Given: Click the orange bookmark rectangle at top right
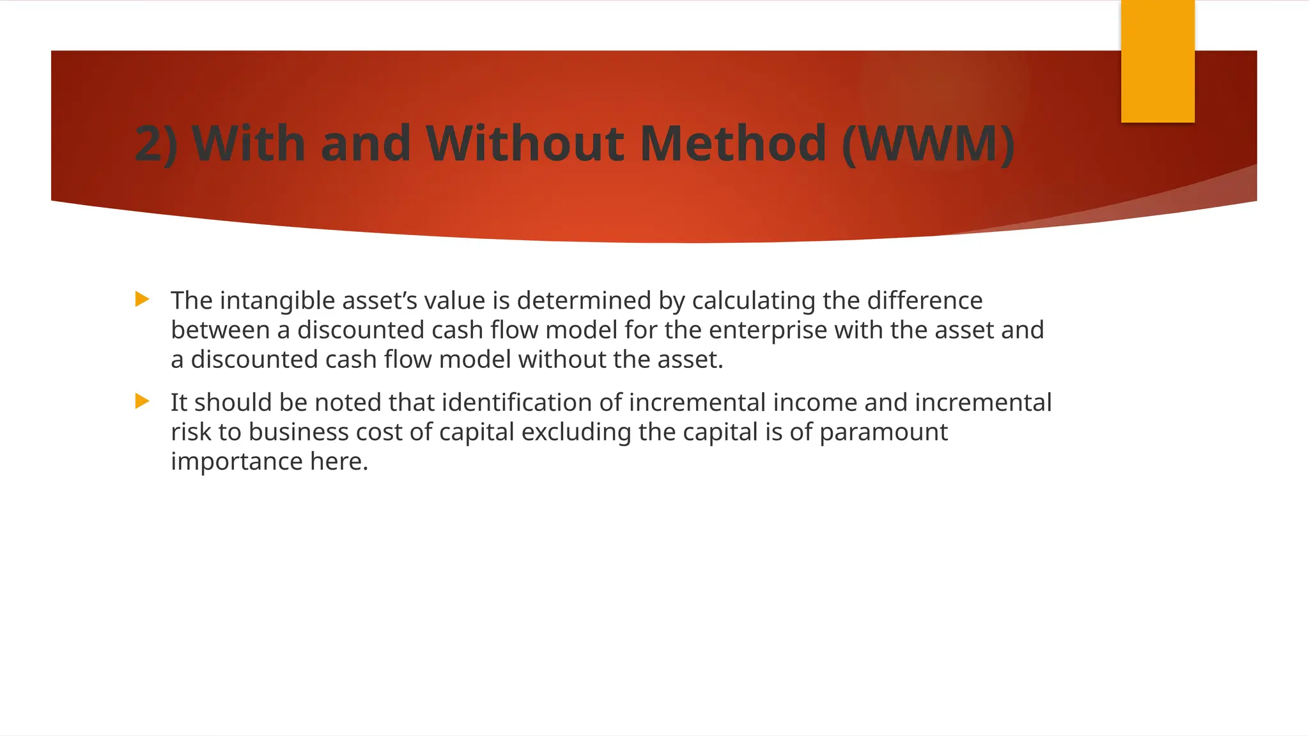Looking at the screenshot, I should tap(1158, 61).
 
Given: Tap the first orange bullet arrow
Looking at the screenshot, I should tap(143, 299).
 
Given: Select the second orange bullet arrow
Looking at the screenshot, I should tap(143, 401).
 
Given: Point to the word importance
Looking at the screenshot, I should tap(236, 461).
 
